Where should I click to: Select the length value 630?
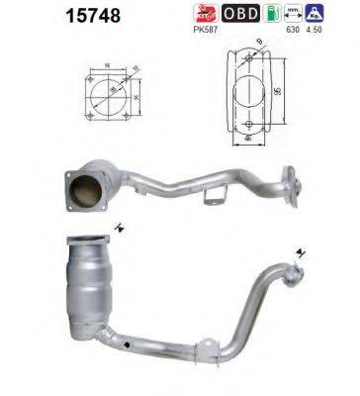(x=293, y=31)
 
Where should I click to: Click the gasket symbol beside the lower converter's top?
(x=118, y=229)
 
